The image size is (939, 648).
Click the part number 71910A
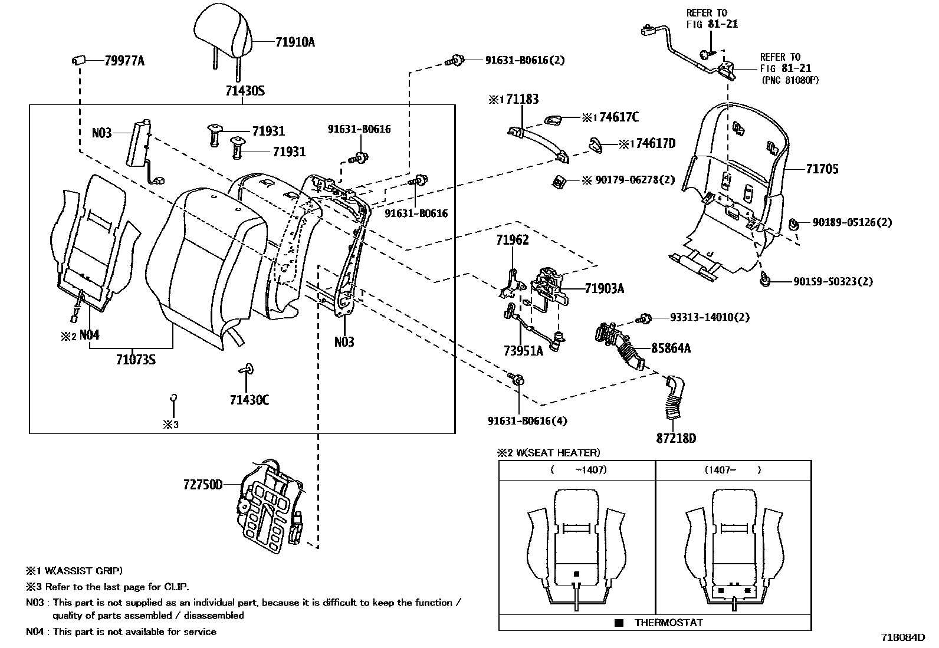pyautogui.click(x=295, y=42)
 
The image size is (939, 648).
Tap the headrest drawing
pyautogui.click(x=224, y=29)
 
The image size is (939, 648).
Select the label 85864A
pyautogui.click(x=671, y=348)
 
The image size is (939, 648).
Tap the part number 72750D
pyautogui.click(x=203, y=485)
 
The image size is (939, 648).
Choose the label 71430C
pyautogui.click(x=249, y=400)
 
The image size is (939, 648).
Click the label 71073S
pyautogui.click(x=136, y=359)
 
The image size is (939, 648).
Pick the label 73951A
pyautogui.click(x=523, y=351)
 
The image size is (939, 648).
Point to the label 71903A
pyautogui.click(x=604, y=288)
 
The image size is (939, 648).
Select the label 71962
pyautogui.click(x=512, y=240)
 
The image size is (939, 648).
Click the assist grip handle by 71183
pyautogui.click(x=538, y=142)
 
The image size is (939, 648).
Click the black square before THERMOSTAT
pyautogui.click(x=618, y=623)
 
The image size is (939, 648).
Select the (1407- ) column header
pyautogui.click(x=733, y=470)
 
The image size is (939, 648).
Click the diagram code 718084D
pyautogui.click(x=902, y=637)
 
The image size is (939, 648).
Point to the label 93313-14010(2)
pyautogui.click(x=710, y=317)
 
